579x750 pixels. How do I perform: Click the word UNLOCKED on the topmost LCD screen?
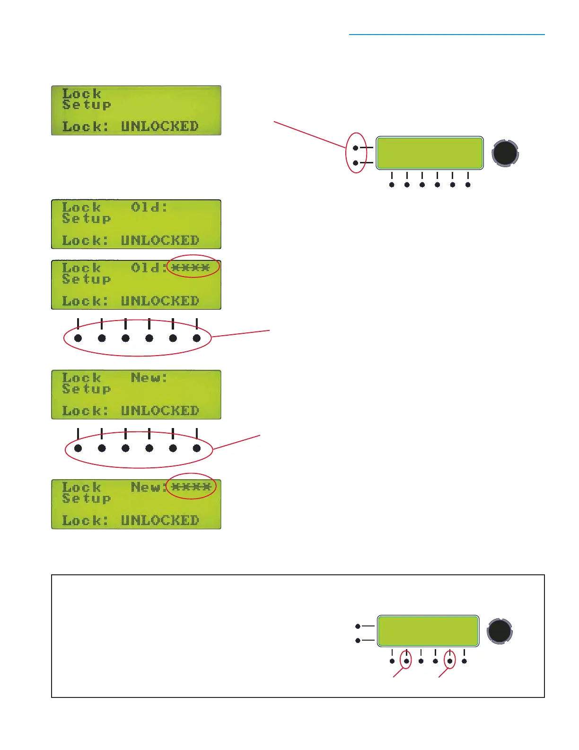click(159, 126)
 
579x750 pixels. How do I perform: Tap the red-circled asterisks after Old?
click(191, 268)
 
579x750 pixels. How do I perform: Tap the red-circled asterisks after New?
click(191, 487)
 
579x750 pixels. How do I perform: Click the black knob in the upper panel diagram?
click(505, 153)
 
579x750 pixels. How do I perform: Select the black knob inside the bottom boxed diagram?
click(500, 631)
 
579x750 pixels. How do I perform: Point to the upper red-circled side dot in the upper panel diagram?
click(356, 148)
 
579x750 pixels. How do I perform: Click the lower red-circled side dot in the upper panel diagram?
click(356, 163)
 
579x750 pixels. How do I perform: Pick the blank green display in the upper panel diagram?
click(430, 153)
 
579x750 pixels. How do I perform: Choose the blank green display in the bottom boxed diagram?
click(428, 631)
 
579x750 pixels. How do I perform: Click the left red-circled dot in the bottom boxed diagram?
click(406, 661)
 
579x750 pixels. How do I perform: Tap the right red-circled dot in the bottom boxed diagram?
click(450, 661)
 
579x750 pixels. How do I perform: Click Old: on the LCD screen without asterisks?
click(149, 207)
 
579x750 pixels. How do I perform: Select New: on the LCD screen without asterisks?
click(149, 378)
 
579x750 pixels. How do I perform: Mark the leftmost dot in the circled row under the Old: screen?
click(78, 338)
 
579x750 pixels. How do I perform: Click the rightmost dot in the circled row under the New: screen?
click(197, 448)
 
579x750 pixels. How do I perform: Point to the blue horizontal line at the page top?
click(447, 35)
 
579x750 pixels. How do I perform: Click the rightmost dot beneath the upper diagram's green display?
click(468, 185)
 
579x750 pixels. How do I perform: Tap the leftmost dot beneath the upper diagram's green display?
click(392, 185)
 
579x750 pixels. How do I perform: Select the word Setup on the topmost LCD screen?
click(87, 105)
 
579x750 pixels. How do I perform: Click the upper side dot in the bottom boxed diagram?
click(358, 626)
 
